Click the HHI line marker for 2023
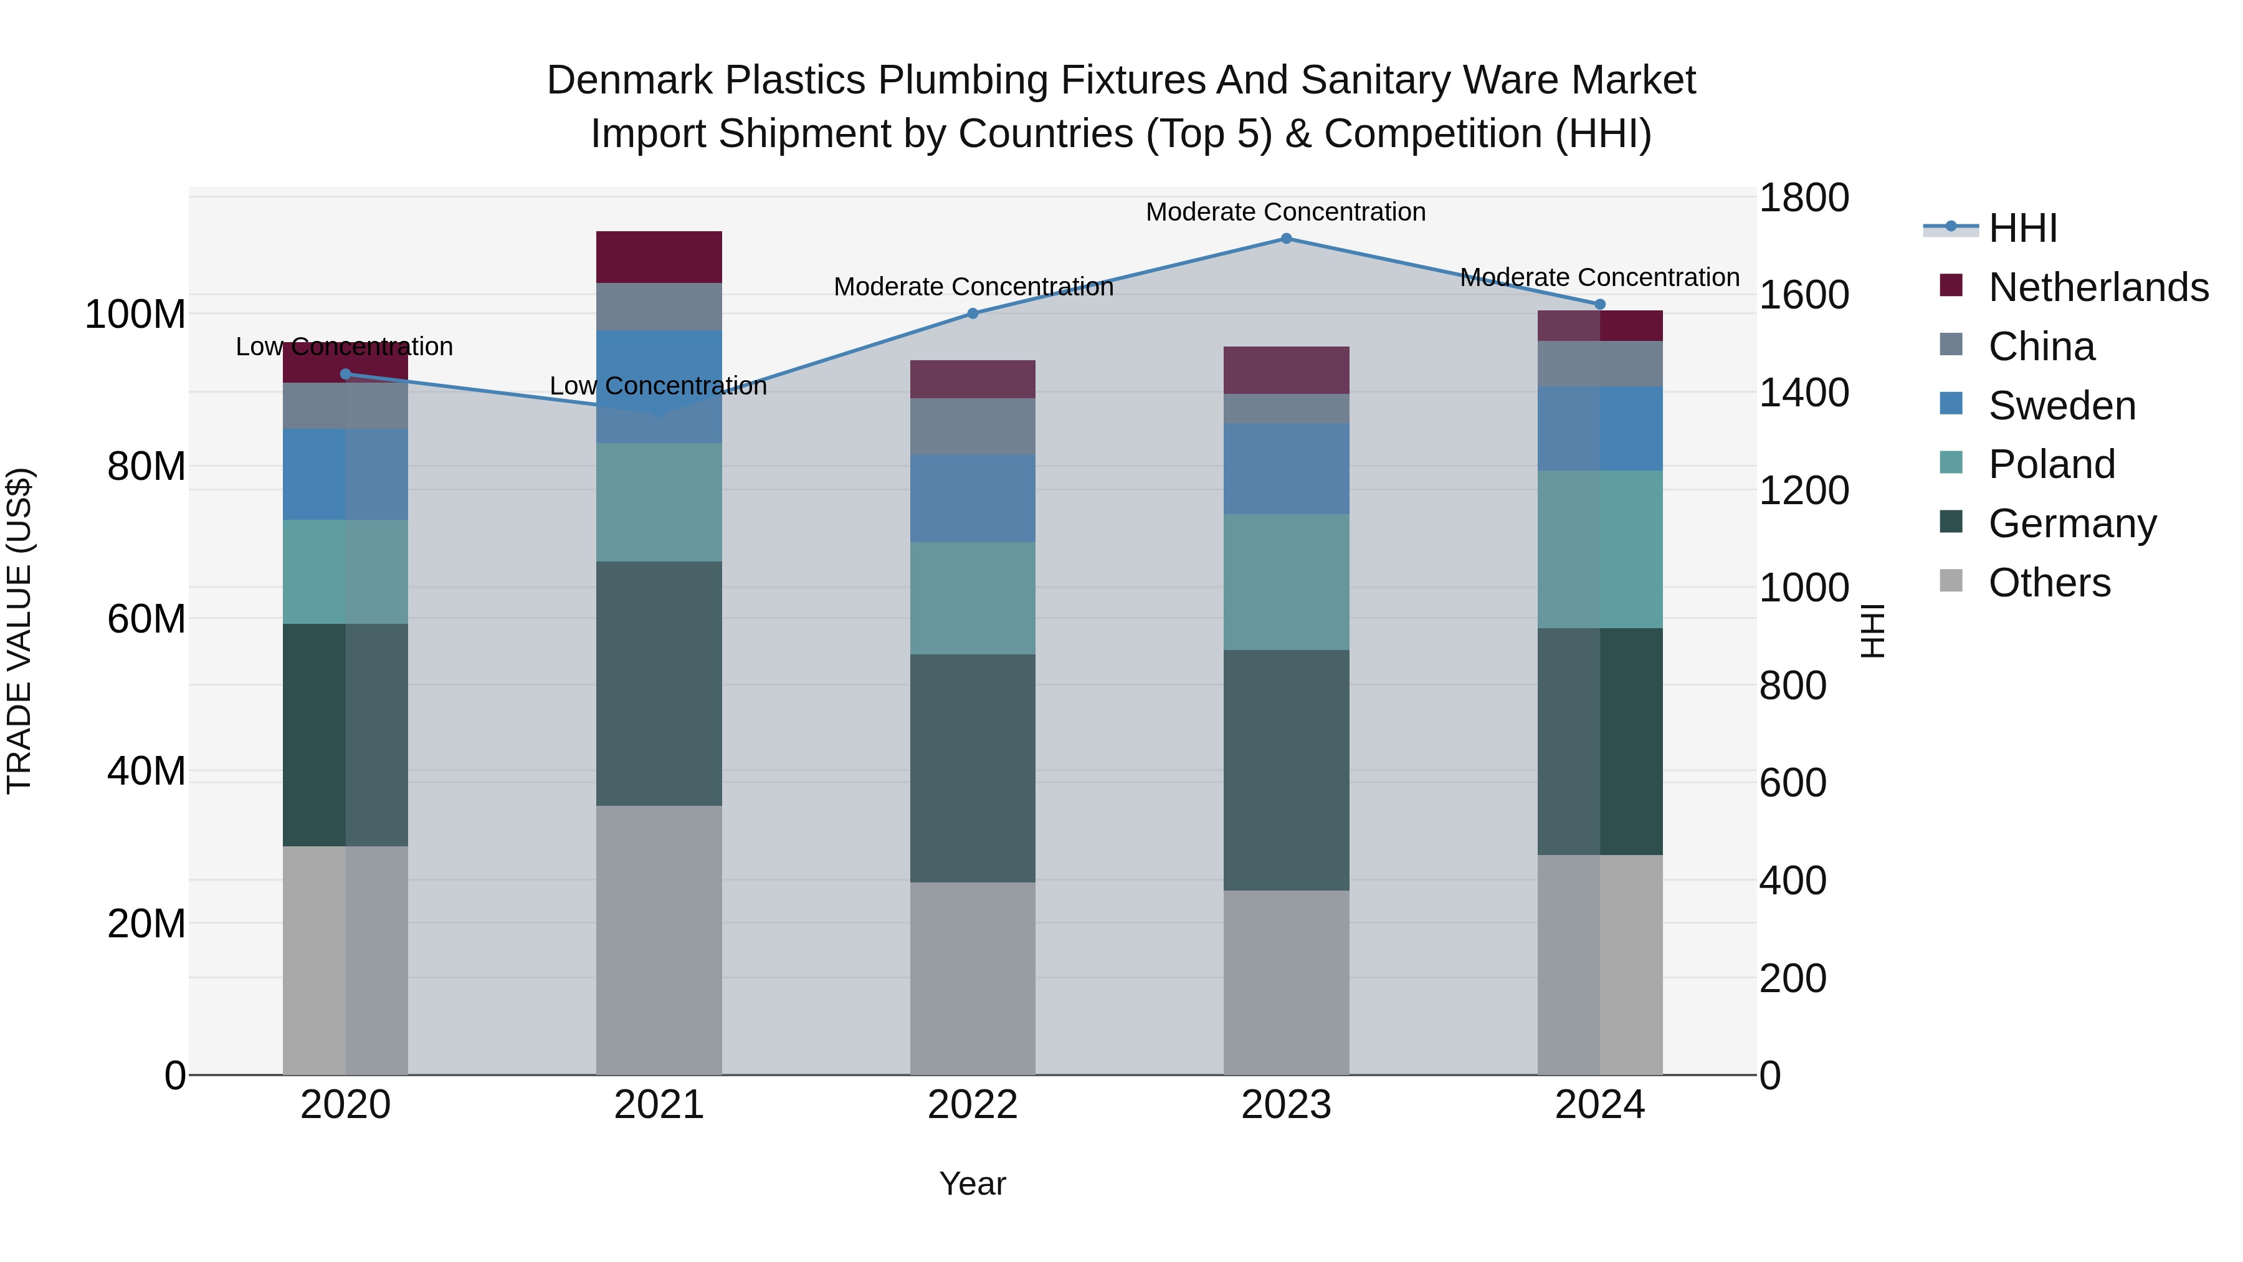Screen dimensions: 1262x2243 pos(1286,239)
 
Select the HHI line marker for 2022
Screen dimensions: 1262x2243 pos(973,313)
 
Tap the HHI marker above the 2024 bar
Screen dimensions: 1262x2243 pos(1599,305)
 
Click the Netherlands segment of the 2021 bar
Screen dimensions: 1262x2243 pos(659,257)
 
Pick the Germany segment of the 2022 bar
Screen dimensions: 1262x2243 pos(973,768)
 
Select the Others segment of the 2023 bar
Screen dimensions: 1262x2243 pos(1286,982)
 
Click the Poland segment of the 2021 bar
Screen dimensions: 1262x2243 pos(659,502)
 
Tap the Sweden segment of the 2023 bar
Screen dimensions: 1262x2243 pos(1286,469)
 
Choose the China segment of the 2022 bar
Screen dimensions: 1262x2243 pos(973,427)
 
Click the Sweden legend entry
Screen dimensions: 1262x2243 pos(2061,406)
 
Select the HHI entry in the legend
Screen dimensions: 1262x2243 pos(2022,228)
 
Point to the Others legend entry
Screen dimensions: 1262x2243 pos(2049,583)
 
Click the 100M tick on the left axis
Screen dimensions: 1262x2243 pos(135,315)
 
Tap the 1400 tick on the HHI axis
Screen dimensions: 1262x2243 pos(1803,393)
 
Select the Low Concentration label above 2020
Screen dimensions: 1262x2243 pos(344,347)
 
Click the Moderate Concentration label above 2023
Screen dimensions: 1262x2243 pos(1285,212)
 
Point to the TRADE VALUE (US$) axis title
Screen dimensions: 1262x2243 pos(19,631)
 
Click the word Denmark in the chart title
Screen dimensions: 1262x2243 pos(632,80)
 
